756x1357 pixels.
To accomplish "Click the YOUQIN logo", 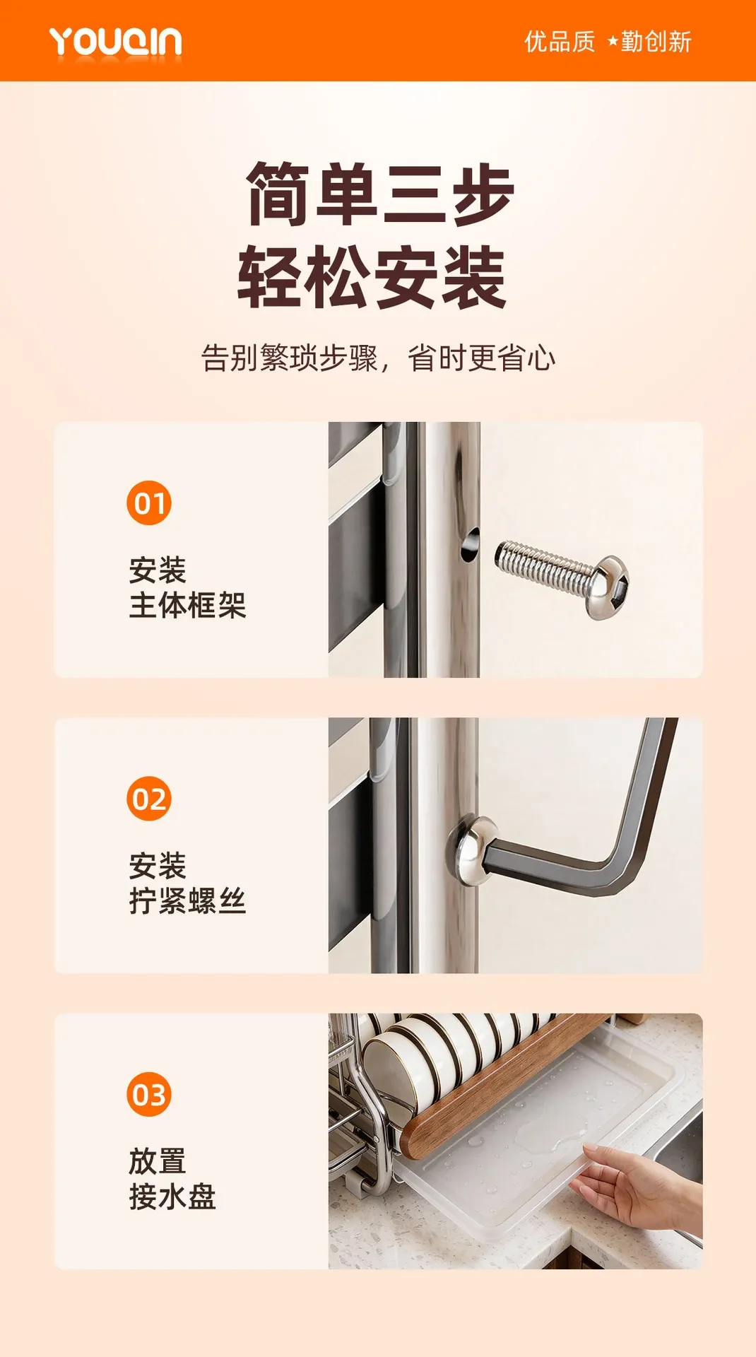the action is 115,42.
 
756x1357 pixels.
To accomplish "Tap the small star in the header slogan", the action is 613,42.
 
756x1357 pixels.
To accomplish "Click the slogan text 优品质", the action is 560,42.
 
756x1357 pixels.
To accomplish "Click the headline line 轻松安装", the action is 372,277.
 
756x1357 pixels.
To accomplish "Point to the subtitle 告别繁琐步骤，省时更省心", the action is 378,358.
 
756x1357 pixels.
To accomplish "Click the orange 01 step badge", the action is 149,503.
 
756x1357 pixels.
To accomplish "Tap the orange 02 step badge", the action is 149,799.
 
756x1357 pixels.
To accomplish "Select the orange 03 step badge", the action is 149,1094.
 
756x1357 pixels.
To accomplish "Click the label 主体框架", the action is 187,606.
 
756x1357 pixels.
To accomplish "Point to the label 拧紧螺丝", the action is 187,901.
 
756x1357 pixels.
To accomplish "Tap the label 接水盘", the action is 172,1197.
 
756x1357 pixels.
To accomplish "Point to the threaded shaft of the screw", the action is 542,566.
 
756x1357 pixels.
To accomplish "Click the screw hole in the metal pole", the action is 470,545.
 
